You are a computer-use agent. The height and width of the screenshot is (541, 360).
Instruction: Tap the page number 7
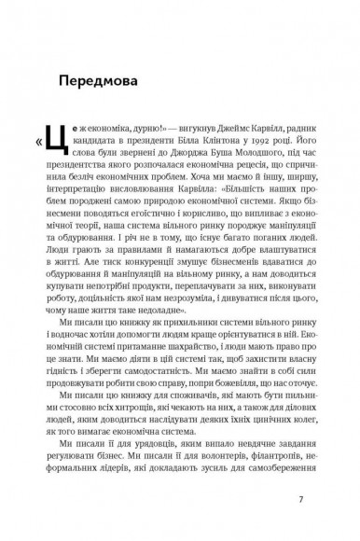[300, 499]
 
